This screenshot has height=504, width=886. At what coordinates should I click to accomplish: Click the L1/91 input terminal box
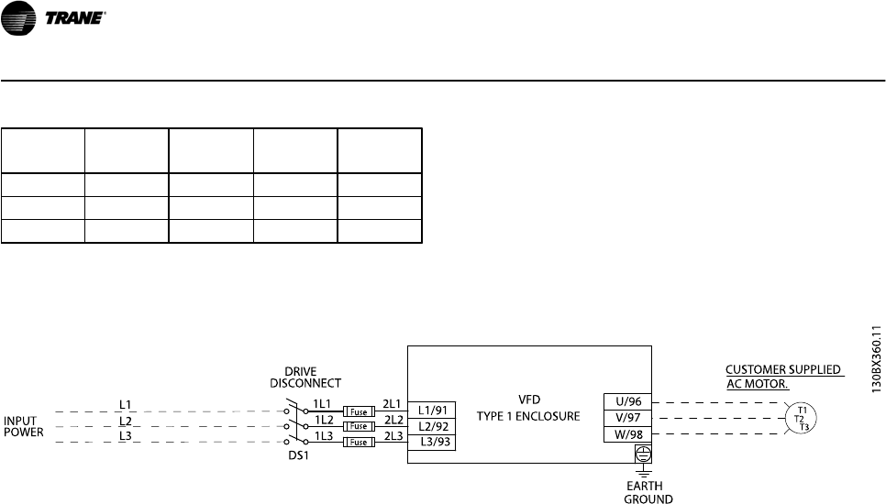(x=431, y=411)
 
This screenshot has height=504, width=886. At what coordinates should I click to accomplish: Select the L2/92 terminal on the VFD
(x=431, y=426)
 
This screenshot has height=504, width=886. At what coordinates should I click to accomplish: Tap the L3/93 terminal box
(x=431, y=442)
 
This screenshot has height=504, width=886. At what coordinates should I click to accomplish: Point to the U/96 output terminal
(x=626, y=400)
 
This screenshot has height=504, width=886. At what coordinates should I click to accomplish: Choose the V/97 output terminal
(x=626, y=416)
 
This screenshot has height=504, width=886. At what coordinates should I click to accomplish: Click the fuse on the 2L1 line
(x=356, y=412)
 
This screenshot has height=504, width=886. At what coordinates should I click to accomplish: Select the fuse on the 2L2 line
(x=356, y=427)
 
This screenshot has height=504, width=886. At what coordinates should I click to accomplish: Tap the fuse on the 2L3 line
(x=356, y=442)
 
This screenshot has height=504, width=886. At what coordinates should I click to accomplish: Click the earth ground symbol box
(x=643, y=453)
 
